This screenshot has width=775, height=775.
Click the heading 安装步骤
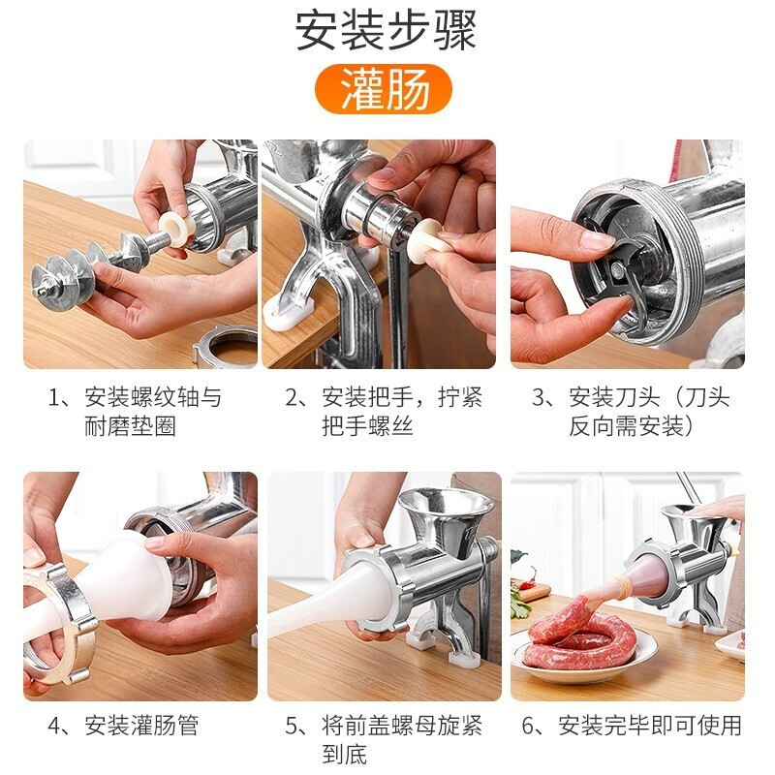pyautogui.click(x=386, y=32)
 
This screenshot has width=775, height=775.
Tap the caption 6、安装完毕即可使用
pyautogui.click(x=631, y=725)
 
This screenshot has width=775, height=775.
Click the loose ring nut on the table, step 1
pyautogui.click(x=224, y=346)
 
